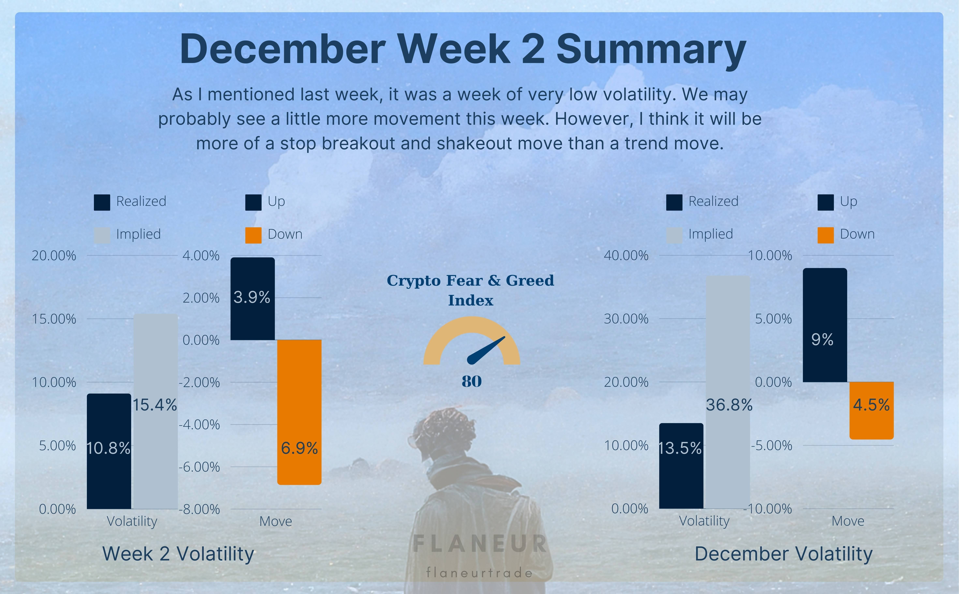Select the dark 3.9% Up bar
point(253,299)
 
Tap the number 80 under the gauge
point(471,381)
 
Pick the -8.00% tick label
point(199,509)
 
